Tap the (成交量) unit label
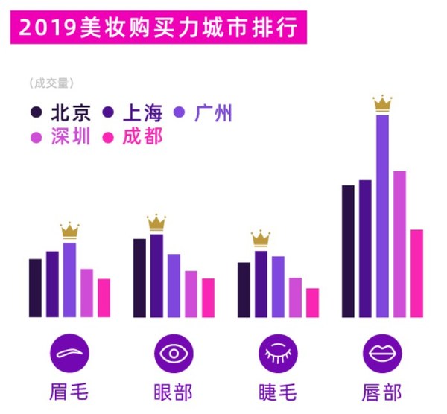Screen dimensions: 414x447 (x=51, y=83)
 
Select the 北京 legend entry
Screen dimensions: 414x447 (x=62, y=113)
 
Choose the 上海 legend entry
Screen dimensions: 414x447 (x=133, y=113)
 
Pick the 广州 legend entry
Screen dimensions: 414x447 (x=203, y=113)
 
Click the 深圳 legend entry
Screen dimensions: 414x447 (x=62, y=137)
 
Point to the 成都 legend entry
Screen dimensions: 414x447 (x=133, y=137)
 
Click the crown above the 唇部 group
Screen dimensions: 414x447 (x=382, y=103)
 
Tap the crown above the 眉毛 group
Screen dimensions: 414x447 (x=69, y=230)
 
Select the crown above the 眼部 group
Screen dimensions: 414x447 (x=156, y=222)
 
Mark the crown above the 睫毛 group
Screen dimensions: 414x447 (x=261, y=238)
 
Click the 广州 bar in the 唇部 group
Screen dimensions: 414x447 (x=382, y=216)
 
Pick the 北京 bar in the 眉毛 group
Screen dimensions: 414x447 (x=35, y=287)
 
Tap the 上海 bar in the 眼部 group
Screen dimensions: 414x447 (x=156, y=275)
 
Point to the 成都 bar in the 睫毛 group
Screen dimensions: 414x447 (x=312, y=302)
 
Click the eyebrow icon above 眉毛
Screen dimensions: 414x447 (x=69, y=353)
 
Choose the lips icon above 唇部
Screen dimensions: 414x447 (x=382, y=353)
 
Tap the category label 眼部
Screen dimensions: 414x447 (x=174, y=392)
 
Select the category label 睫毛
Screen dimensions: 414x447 (x=278, y=392)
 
